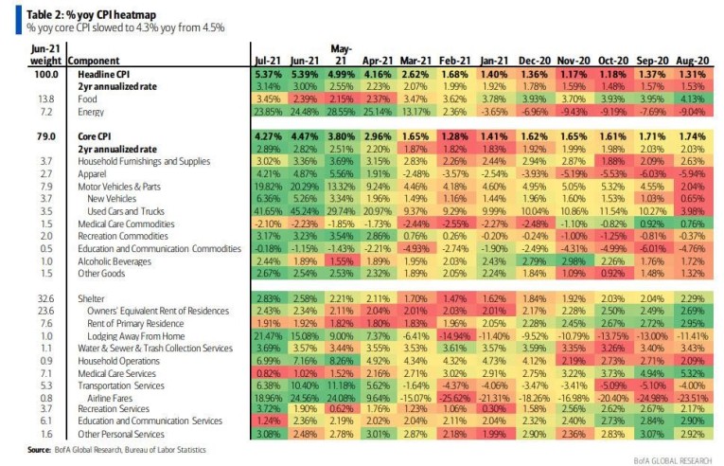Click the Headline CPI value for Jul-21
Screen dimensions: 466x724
(269, 73)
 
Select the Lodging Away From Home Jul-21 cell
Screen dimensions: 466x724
(269, 335)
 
